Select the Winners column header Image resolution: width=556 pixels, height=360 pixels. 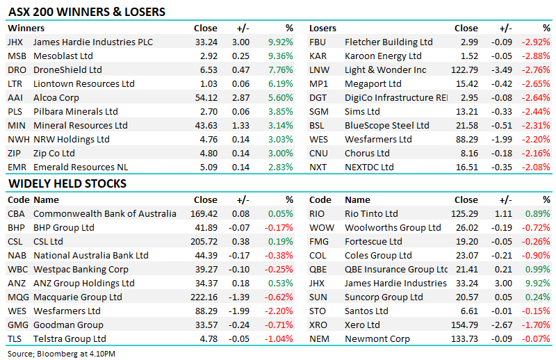pos(26,28)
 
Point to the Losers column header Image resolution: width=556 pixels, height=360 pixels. pos(323,28)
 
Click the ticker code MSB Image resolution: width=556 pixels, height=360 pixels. pos(17,56)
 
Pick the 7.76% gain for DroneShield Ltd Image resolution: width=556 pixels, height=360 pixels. pos(281,69)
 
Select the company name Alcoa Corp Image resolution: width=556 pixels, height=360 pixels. pos(56,97)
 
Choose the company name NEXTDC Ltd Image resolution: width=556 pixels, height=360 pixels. pos(368,167)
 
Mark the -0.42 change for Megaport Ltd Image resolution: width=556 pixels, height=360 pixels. pos(502,83)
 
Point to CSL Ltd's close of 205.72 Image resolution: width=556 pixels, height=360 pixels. pos(204,241)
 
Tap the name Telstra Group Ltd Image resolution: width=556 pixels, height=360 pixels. pos(69,338)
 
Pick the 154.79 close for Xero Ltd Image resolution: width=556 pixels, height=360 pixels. pos(466,325)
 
